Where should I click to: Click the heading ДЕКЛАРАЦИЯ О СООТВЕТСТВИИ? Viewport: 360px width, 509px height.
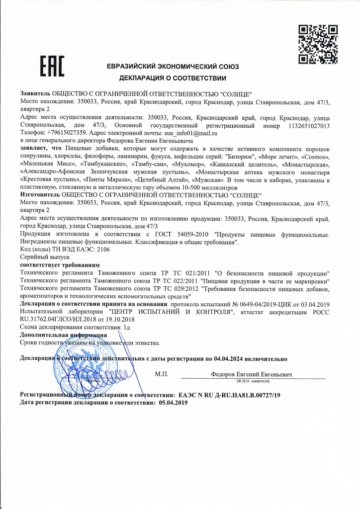pos(173,78)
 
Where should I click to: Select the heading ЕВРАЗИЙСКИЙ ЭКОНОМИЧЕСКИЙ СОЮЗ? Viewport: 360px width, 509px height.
pos(173,66)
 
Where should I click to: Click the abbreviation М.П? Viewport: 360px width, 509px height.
pos(162,373)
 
